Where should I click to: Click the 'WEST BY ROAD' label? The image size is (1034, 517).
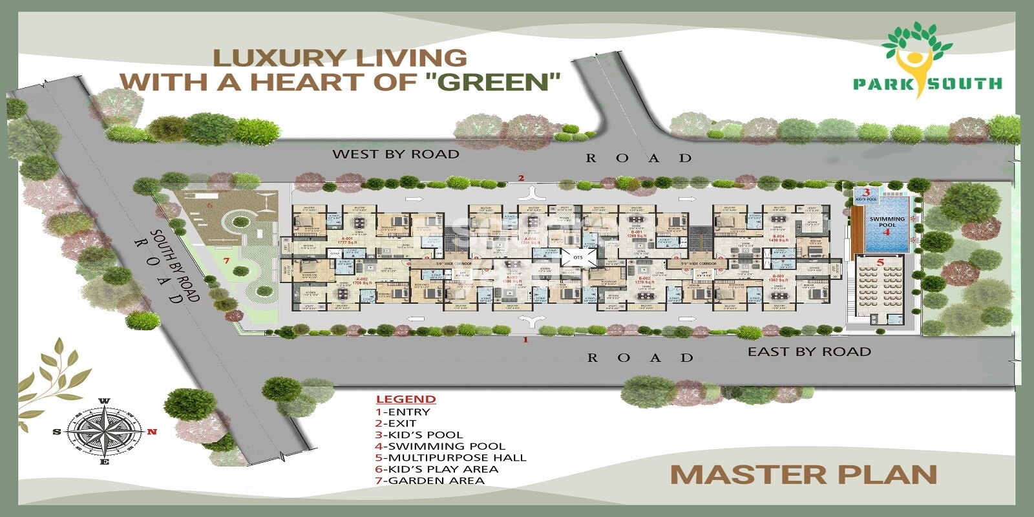click(396, 154)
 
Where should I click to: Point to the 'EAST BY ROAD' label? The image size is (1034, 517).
click(809, 352)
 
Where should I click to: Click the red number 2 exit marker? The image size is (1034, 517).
click(521, 178)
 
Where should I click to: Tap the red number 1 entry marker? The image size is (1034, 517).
click(525, 339)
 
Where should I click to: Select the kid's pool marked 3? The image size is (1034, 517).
click(867, 195)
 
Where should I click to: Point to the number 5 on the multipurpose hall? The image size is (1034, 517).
click(880, 262)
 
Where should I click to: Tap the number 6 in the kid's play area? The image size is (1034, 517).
click(209, 205)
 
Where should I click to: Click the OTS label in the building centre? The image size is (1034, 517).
click(578, 257)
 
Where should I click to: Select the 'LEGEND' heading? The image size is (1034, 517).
click(406, 399)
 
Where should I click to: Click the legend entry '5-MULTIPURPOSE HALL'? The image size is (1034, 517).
click(451, 458)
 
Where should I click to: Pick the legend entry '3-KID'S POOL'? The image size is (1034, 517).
click(419, 434)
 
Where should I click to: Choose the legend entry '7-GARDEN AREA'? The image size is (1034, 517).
click(430, 480)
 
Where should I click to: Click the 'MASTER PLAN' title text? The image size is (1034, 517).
click(803, 475)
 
